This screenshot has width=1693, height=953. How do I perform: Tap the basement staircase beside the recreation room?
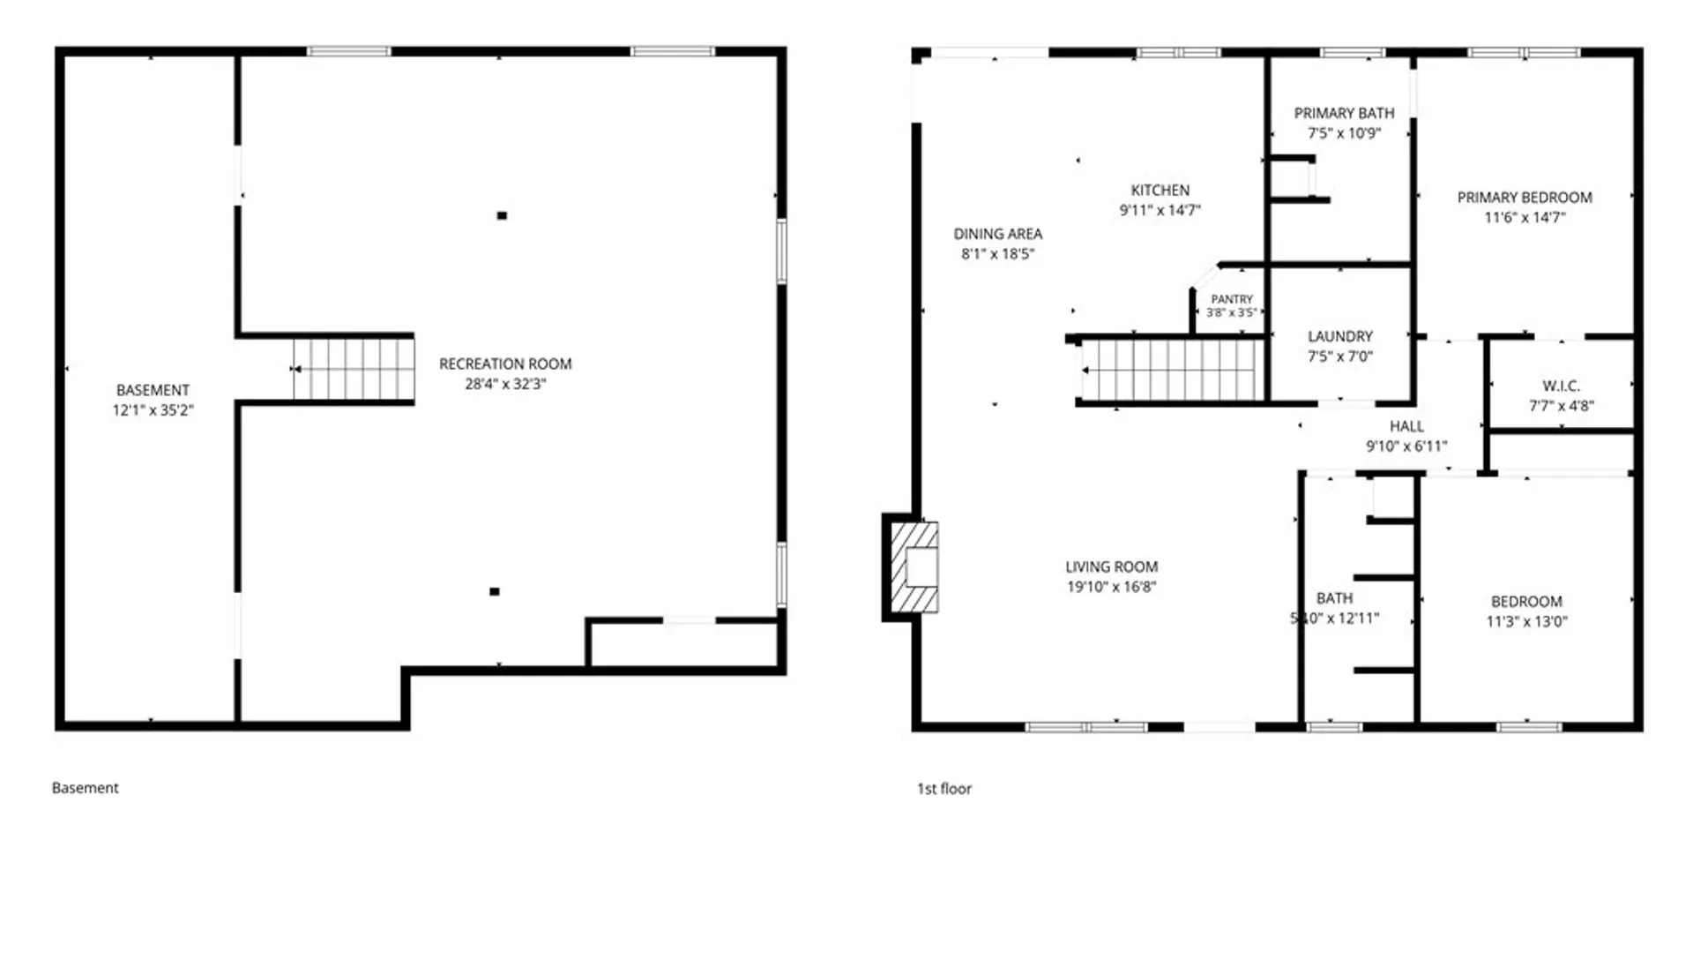(x=354, y=369)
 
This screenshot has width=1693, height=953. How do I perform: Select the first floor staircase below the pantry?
(x=1171, y=370)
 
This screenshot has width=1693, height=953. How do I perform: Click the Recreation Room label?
(x=505, y=364)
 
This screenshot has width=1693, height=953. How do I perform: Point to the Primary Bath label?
(x=1344, y=113)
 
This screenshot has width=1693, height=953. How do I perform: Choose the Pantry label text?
(x=1232, y=299)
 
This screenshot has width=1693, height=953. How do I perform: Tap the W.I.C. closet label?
(x=1561, y=386)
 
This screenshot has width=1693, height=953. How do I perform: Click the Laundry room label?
(x=1340, y=336)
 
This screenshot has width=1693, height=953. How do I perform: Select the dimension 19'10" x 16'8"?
(x=1111, y=587)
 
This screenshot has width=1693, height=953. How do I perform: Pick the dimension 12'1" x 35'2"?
(x=153, y=410)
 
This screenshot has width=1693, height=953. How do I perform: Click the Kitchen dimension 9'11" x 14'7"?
(x=1160, y=210)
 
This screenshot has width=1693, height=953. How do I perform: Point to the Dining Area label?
(x=998, y=234)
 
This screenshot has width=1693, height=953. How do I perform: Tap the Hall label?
(x=1406, y=426)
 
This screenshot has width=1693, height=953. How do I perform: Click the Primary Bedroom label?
(x=1525, y=198)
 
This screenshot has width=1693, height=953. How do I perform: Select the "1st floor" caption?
(x=944, y=789)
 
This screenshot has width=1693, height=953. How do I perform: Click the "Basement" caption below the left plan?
(x=85, y=788)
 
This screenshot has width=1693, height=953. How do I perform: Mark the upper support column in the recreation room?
(x=502, y=215)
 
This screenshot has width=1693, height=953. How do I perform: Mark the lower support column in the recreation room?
(x=495, y=591)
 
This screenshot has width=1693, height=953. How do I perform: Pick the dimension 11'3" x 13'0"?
(x=1526, y=621)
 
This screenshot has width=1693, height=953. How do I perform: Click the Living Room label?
(x=1111, y=567)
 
